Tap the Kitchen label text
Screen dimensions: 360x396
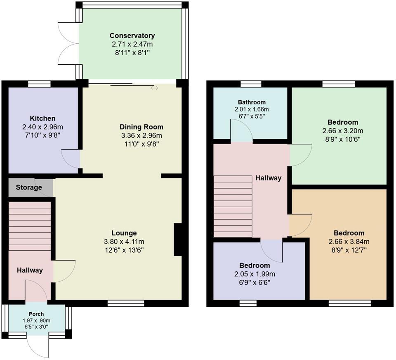pyautogui.click(x=42, y=118)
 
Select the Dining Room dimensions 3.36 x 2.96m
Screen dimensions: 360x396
pyautogui.click(x=141, y=135)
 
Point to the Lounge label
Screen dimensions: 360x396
pyautogui.click(x=124, y=233)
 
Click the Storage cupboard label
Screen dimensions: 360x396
pyautogui.click(x=29, y=187)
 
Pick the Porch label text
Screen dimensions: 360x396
pyautogui.click(x=36, y=314)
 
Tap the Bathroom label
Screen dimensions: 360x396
pyautogui.click(x=252, y=102)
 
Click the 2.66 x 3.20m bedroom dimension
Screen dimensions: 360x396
pyautogui.click(x=343, y=131)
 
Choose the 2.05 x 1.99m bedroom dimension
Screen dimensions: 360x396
pyautogui.click(x=255, y=274)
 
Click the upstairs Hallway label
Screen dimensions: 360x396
pyautogui.click(x=268, y=178)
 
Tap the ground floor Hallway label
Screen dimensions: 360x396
pyautogui.click(x=30, y=270)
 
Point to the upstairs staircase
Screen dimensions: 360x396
pyautogui.click(x=233, y=206)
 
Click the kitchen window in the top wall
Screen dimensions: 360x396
pyautogui.click(x=40, y=84)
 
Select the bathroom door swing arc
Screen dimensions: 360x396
pyautogui.click(x=242, y=131)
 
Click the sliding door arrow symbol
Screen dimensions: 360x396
pyautogui.click(x=154, y=88)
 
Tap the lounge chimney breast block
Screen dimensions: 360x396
pyautogui.click(x=178, y=240)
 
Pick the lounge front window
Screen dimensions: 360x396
pyautogui.click(x=126, y=303)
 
